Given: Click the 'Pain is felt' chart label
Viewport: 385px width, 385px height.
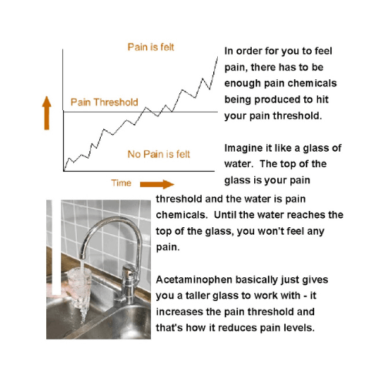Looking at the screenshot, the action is click(x=151, y=47).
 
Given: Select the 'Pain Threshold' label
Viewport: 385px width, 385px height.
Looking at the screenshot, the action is click(x=104, y=102).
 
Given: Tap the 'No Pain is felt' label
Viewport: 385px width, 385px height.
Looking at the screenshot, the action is click(x=159, y=154).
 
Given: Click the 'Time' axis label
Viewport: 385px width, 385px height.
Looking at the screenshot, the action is click(x=121, y=183).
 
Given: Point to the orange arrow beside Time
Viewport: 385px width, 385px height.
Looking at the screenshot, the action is click(x=157, y=184).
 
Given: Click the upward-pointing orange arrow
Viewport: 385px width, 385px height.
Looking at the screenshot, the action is click(x=47, y=113).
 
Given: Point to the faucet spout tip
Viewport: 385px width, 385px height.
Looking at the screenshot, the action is click(x=82, y=256).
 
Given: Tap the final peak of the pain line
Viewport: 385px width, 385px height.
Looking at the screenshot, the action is click(x=217, y=58).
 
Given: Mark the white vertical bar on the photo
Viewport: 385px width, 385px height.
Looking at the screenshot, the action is click(x=56, y=247).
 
